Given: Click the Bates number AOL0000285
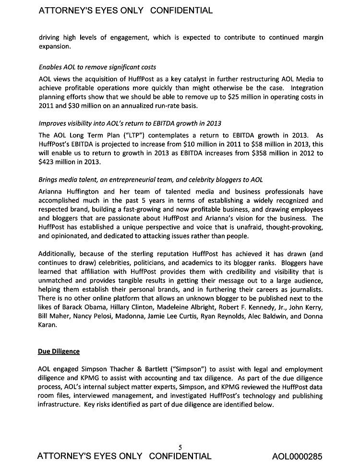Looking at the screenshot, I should point(297,456).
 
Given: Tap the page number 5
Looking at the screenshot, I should point(180,447).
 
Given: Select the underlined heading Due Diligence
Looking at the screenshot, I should point(59,351).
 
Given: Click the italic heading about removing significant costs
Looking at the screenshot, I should point(97,67).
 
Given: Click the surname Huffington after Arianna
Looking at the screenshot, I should point(89,191).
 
